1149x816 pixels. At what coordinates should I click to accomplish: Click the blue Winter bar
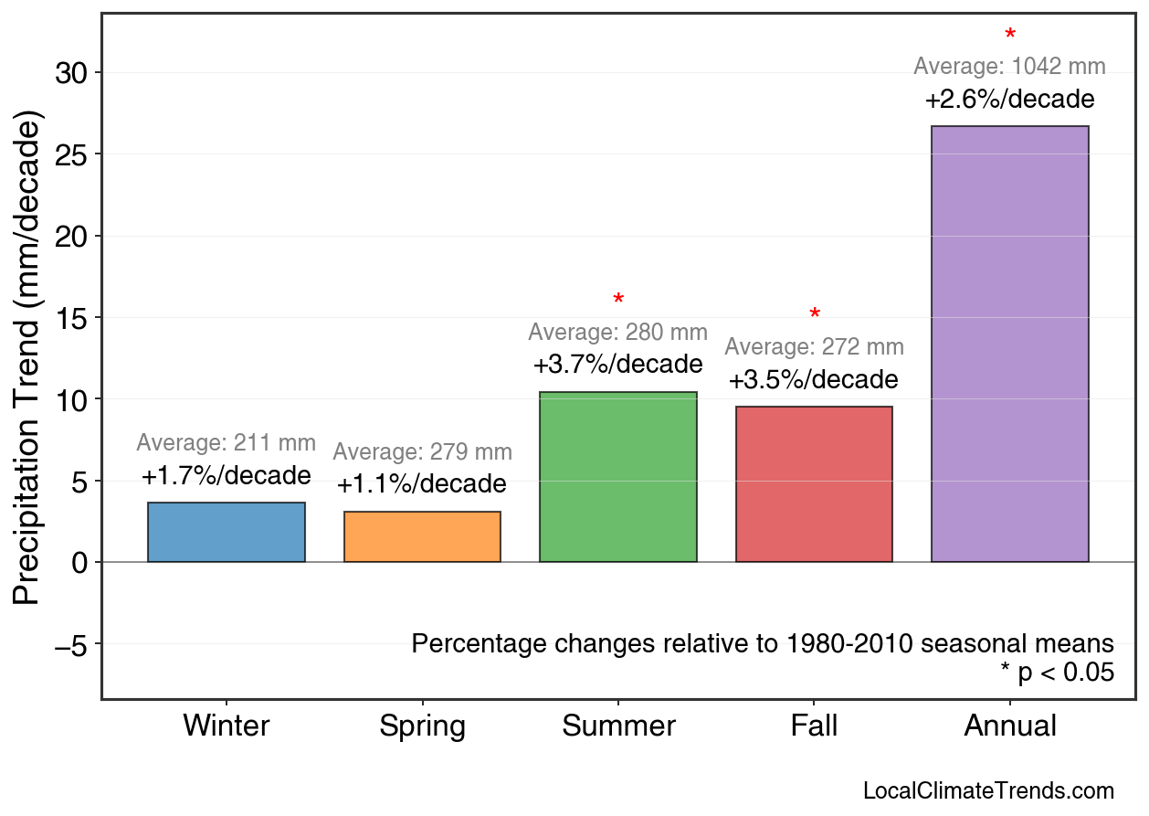(x=227, y=533)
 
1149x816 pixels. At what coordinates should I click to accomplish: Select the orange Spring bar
(x=422, y=537)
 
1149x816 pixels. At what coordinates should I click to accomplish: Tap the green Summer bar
(x=618, y=477)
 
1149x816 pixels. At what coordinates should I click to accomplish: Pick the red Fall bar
(x=814, y=484)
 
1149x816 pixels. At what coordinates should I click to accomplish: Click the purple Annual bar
(x=1009, y=344)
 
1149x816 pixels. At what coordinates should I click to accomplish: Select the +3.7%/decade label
(x=618, y=365)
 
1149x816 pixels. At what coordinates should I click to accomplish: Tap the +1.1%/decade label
(x=422, y=484)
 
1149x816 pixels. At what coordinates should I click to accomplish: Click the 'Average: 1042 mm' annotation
(x=1009, y=67)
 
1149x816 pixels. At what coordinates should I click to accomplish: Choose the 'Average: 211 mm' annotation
(x=227, y=443)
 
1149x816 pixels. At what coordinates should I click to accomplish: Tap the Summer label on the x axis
(x=618, y=726)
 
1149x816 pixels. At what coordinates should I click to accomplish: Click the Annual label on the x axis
(x=1010, y=726)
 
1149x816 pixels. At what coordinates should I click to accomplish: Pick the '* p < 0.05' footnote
(x=1057, y=673)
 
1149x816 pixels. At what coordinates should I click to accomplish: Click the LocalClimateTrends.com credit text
(x=988, y=791)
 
